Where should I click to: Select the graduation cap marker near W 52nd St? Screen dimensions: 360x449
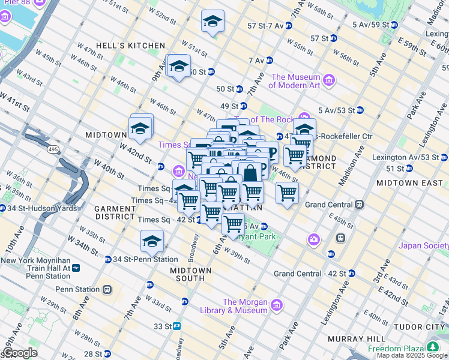coord(212,22)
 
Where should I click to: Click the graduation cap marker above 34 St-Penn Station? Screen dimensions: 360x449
coord(152,242)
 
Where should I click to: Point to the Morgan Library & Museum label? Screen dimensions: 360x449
coord(245,306)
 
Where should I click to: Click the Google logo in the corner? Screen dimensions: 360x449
coord(19,353)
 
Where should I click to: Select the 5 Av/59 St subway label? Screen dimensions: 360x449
coord(370,25)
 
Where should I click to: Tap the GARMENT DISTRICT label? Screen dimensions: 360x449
coord(114,212)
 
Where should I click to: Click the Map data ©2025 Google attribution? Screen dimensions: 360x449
coord(412,355)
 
